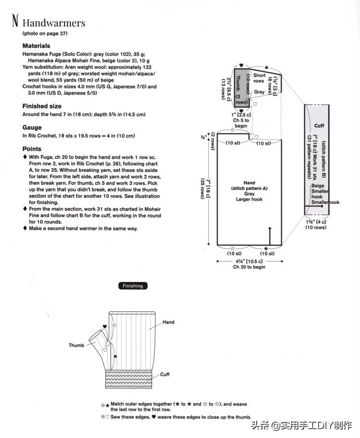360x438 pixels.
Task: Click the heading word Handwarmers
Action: click(x=54, y=23)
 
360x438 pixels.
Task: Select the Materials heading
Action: click(x=37, y=46)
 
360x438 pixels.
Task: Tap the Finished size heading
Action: click(x=42, y=106)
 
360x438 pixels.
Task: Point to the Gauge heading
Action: click(x=32, y=128)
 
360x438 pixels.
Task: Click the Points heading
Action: click(x=32, y=149)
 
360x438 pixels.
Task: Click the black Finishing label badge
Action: click(x=133, y=286)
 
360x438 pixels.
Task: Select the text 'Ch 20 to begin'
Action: click(x=249, y=267)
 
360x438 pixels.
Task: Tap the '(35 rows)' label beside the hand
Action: click(x=202, y=189)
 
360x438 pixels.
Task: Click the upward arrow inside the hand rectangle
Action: click(x=270, y=236)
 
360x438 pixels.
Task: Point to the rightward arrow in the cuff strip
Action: click(x=314, y=206)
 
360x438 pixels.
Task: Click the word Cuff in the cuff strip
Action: click(x=319, y=126)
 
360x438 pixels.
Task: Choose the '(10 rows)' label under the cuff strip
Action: click(x=316, y=227)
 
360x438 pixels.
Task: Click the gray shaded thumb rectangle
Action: click(x=241, y=88)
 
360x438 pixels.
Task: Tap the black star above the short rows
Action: click(x=266, y=68)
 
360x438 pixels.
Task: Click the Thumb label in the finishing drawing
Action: click(x=76, y=345)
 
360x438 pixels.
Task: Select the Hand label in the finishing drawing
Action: click(x=168, y=322)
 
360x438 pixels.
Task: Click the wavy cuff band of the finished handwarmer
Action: click(x=129, y=379)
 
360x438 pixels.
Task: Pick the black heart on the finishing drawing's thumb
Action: click(x=104, y=327)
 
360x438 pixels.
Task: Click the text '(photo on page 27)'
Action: click(x=45, y=33)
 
